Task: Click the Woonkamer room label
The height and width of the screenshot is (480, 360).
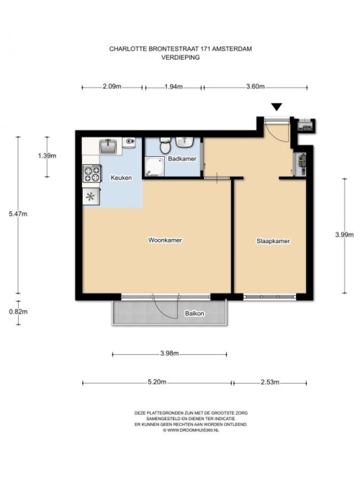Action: pyautogui.click(x=165, y=240)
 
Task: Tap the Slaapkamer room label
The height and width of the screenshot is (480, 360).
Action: pyautogui.click(x=273, y=241)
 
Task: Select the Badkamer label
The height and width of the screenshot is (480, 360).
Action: pyautogui.click(x=182, y=159)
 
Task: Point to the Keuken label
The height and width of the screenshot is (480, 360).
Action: pyautogui.click(x=122, y=178)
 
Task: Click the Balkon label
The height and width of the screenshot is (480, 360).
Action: pyautogui.click(x=194, y=314)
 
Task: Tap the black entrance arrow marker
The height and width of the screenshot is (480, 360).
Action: pyautogui.click(x=276, y=107)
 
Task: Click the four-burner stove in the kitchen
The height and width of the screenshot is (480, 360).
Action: pyautogui.click(x=92, y=173)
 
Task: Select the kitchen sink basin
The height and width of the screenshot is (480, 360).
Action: pyautogui.click(x=108, y=146)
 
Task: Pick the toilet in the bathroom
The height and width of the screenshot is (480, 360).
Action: pyautogui.click(x=166, y=145)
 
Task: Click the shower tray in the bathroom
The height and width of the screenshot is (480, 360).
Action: pyautogui.click(x=155, y=167)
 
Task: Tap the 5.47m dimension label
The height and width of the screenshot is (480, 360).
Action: pyautogui.click(x=18, y=214)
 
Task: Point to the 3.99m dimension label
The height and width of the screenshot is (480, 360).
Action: pyautogui.click(x=344, y=235)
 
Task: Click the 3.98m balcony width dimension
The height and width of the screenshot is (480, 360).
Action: pyautogui.click(x=169, y=353)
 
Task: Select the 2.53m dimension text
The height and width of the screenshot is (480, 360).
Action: pyautogui.click(x=270, y=382)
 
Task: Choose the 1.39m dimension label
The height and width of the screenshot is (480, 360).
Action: pyautogui.click(x=48, y=156)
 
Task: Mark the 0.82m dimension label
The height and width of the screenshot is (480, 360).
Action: pyautogui.click(x=18, y=312)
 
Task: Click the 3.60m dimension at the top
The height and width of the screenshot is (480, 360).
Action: pyautogui.click(x=255, y=86)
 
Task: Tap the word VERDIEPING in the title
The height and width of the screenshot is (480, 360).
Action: pyautogui.click(x=181, y=58)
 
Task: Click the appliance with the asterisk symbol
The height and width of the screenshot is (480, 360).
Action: pyautogui.click(x=91, y=196)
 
